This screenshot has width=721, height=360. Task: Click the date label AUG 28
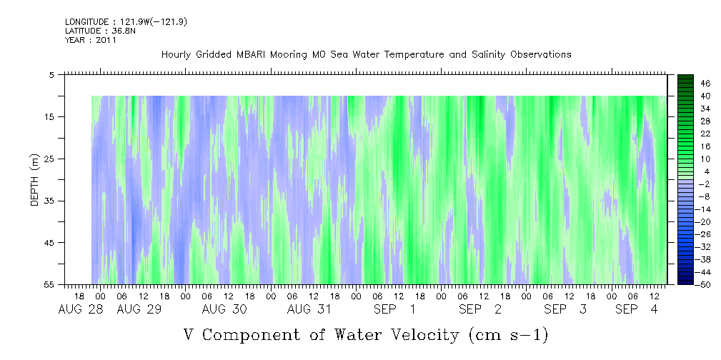[x=81, y=310]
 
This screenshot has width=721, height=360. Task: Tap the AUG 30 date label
[x=224, y=310]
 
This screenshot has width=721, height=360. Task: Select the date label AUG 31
[x=309, y=310]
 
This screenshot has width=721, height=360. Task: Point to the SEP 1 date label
[x=394, y=310]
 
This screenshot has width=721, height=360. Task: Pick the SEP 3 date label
[x=565, y=310]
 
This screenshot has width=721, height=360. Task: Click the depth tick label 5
[x=51, y=75]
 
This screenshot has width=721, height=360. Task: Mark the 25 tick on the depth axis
[x=48, y=159]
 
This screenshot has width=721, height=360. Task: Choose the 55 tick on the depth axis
[x=48, y=284]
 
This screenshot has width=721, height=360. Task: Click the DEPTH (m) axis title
[x=35, y=180]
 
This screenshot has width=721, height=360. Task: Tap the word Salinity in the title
[x=488, y=55]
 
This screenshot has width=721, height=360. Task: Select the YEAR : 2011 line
[x=91, y=40]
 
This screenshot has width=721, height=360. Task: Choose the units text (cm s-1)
[x=509, y=335]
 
